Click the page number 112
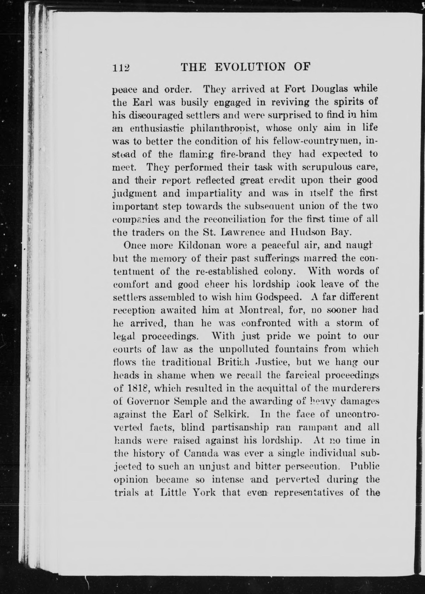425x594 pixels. [121, 68]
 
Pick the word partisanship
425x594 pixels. [240, 427]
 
